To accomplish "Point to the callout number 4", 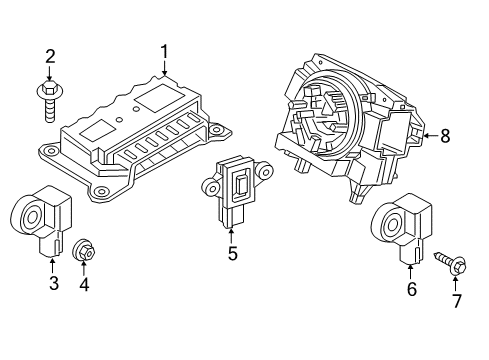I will coord(84,285).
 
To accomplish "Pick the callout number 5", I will coord(232,254).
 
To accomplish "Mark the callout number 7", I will coord(457,301).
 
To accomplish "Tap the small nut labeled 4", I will coord(84,249).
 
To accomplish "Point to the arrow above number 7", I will coord(457,283).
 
